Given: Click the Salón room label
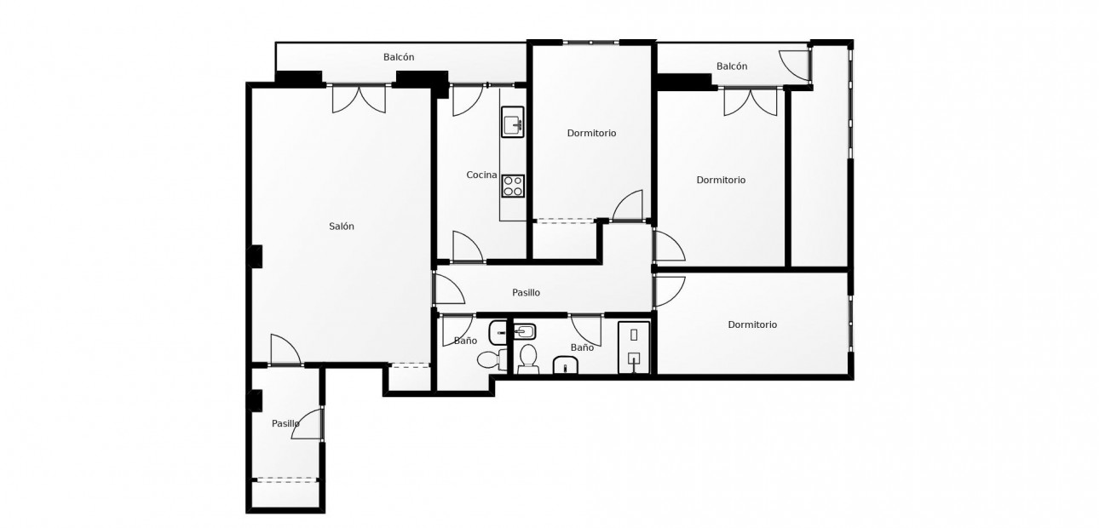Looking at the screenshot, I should [342, 227].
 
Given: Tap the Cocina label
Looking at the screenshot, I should [481, 175].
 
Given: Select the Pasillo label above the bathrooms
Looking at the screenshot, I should [526, 293].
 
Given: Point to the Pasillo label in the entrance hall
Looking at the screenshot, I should [285, 423].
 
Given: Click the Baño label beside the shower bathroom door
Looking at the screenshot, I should [582, 347].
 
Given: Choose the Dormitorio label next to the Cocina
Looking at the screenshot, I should [591, 133].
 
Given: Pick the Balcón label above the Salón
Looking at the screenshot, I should [399, 57].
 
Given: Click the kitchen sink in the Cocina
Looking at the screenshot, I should [512, 124].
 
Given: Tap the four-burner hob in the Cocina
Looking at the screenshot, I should [512, 185].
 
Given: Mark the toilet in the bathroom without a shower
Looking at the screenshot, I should [488, 359].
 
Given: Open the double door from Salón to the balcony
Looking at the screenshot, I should [359, 99].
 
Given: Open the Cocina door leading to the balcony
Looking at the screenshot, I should [466, 100].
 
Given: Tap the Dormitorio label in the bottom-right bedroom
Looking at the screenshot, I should [752, 324].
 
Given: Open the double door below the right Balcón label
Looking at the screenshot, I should [751, 101].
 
